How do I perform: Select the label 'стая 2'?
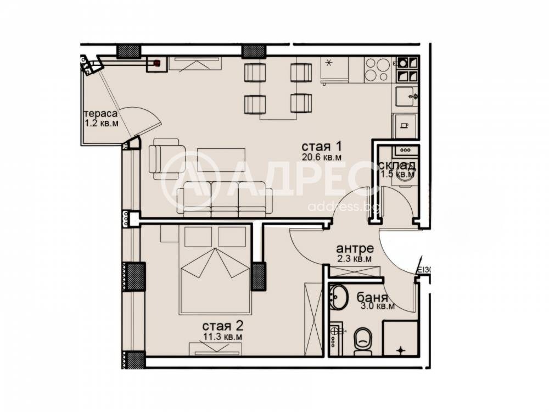pyautogui.click(x=223, y=324)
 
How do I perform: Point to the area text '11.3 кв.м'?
pyautogui.click(x=223, y=335)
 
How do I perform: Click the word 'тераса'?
pyautogui.click(x=100, y=114)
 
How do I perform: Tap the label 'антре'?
pyautogui.click(x=355, y=247)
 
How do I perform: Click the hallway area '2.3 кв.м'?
pyautogui.click(x=355, y=258)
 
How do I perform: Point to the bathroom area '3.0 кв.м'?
pyautogui.click(x=377, y=307)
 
